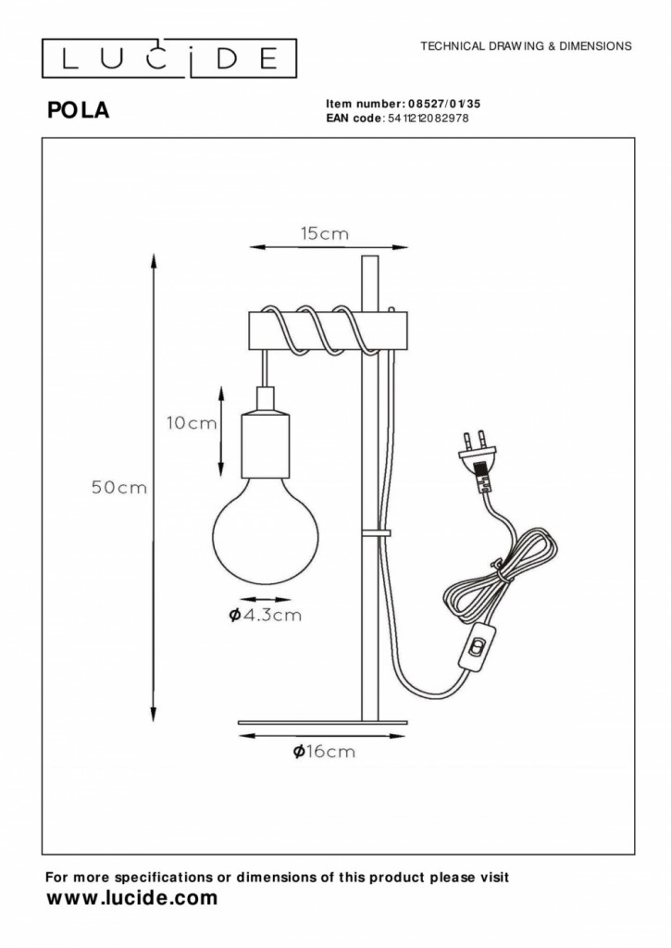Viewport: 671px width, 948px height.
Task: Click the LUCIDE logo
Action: pyautogui.click(x=169, y=58)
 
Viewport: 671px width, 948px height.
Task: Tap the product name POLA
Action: pyautogui.click(x=79, y=111)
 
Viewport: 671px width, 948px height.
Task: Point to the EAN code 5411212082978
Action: pyautogui.click(x=431, y=118)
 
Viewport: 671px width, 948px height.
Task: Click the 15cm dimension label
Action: pyautogui.click(x=325, y=234)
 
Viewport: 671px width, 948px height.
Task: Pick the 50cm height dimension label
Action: pyautogui.click(x=119, y=487)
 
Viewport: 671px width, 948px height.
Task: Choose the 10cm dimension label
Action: pyautogui.click(x=191, y=423)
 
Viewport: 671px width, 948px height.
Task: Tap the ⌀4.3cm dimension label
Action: pyautogui.click(x=266, y=616)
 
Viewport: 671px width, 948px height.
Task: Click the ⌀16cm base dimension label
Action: pyautogui.click(x=324, y=752)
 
